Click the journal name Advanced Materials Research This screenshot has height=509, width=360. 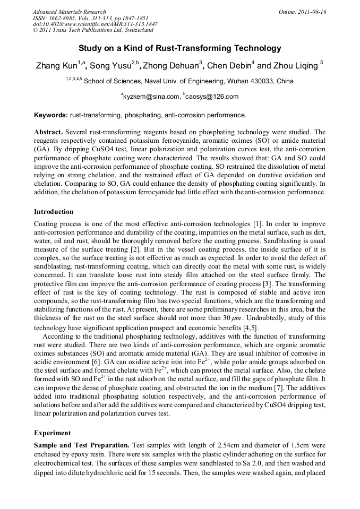[69, 12]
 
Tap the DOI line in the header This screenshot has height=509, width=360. [95, 24]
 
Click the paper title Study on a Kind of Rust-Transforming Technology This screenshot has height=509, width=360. [179, 48]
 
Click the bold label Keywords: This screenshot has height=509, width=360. [51, 115]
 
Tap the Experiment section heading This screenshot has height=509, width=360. [53, 433]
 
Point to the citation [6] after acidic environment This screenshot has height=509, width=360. [99, 362]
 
